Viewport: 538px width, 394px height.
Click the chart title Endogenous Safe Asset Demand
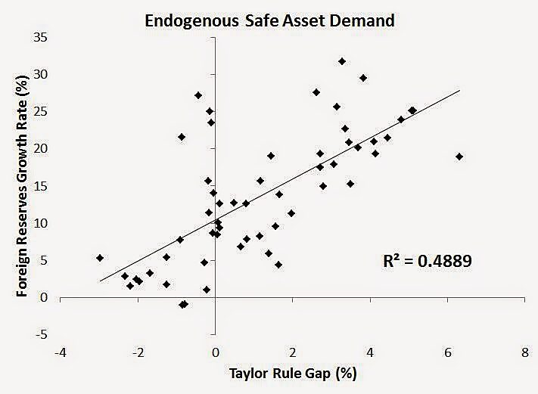pyautogui.click(x=270, y=20)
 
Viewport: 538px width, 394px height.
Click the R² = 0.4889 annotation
pyautogui.click(x=429, y=262)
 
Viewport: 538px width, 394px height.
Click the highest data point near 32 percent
pyautogui.click(x=342, y=61)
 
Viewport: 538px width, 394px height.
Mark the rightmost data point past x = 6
pyautogui.click(x=459, y=157)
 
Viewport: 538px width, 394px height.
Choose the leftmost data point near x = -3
pyautogui.click(x=100, y=258)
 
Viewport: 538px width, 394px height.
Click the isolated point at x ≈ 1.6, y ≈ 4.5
pyautogui.click(x=278, y=265)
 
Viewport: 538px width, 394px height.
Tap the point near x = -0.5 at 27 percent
pyautogui.click(x=198, y=95)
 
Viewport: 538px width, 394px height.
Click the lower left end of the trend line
pyautogui.click(x=101, y=281)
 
